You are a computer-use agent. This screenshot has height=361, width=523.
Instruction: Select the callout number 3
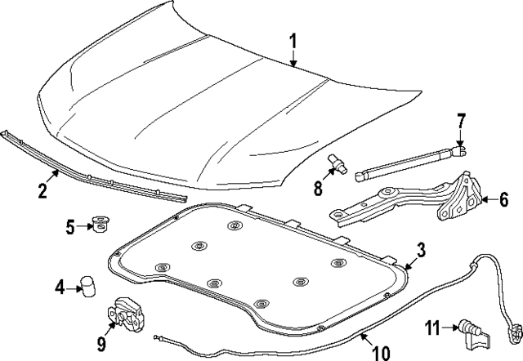(x=420, y=250)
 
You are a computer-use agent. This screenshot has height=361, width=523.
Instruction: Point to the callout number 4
(x=60, y=287)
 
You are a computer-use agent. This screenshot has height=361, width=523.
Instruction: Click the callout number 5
(x=71, y=225)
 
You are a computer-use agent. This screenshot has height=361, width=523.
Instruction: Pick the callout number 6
(x=503, y=198)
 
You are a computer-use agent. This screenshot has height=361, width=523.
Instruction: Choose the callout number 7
(x=460, y=122)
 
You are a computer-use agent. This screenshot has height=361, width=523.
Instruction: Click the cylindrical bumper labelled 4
(x=86, y=287)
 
